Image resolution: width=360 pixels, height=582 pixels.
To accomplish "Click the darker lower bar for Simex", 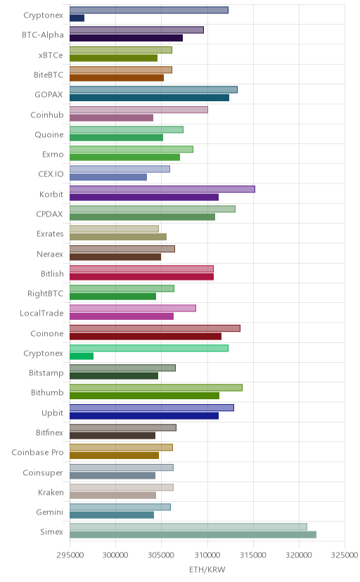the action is (x=193, y=534).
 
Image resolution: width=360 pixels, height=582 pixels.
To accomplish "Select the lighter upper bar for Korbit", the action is (x=162, y=189).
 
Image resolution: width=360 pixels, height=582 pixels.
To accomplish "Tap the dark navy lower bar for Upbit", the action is (x=144, y=415).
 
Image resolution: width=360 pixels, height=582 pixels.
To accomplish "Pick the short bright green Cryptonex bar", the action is (x=82, y=356).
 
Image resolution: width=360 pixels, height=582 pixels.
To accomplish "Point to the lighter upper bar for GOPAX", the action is (x=154, y=89).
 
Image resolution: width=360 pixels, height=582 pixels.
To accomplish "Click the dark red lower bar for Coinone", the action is (x=146, y=336).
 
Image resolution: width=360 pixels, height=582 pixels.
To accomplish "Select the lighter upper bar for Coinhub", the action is (x=139, y=110).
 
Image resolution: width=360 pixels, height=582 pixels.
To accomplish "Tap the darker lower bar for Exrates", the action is (x=118, y=237).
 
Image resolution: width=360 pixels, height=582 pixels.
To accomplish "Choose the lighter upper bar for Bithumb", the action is (x=156, y=387).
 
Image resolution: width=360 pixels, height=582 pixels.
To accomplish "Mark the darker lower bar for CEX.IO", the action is (x=108, y=177).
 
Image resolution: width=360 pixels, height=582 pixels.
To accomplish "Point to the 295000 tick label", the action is (x=70, y=555).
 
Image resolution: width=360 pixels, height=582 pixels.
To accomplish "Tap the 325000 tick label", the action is (x=345, y=555).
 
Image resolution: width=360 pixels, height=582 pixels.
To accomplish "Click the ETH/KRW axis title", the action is (x=207, y=570).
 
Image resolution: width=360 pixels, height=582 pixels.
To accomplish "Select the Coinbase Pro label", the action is (x=37, y=453).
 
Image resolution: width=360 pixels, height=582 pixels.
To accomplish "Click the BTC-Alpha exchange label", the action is (x=43, y=35).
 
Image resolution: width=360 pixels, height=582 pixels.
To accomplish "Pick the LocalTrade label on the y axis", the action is (x=41, y=313).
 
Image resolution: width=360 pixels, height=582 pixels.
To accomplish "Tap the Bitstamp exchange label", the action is (x=46, y=373).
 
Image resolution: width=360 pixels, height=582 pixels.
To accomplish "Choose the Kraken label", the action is (x=51, y=493).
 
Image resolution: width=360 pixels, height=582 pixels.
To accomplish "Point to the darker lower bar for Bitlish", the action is (x=142, y=276).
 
